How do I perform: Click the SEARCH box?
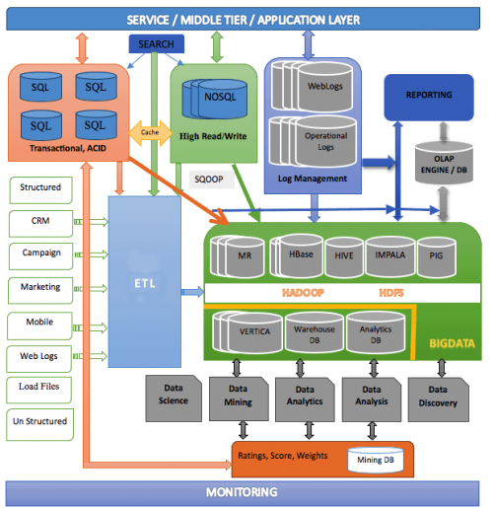[156, 43]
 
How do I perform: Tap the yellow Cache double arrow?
[150, 133]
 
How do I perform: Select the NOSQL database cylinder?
[215, 99]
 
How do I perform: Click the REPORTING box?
[429, 98]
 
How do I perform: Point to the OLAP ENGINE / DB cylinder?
[444, 163]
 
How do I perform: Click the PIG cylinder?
[436, 256]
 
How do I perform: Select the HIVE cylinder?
[344, 256]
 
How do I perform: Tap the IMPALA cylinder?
[390, 256]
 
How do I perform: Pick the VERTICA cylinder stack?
[247, 332]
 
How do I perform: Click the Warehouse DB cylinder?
[315, 332]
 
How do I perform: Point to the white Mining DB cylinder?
[376, 460]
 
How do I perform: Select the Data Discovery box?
[439, 399]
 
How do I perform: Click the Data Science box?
[174, 399]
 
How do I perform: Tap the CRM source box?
[40, 224]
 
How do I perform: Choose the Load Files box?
[38, 390]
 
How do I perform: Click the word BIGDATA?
[453, 343]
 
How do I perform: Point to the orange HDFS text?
[391, 293]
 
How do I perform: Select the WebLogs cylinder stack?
[313, 86]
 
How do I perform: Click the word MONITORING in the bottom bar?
[242, 492]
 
